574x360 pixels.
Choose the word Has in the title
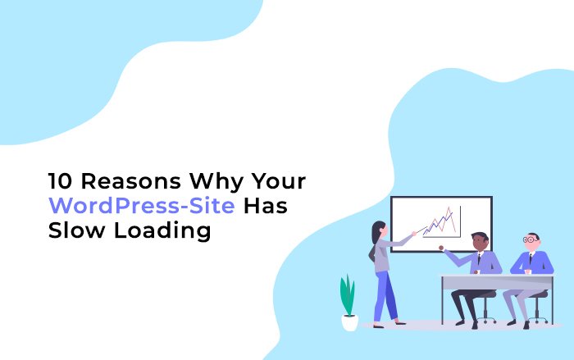click(265, 206)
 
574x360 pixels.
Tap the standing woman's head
click(379, 228)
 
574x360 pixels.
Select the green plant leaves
click(348, 294)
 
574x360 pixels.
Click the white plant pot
click(350, 321)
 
